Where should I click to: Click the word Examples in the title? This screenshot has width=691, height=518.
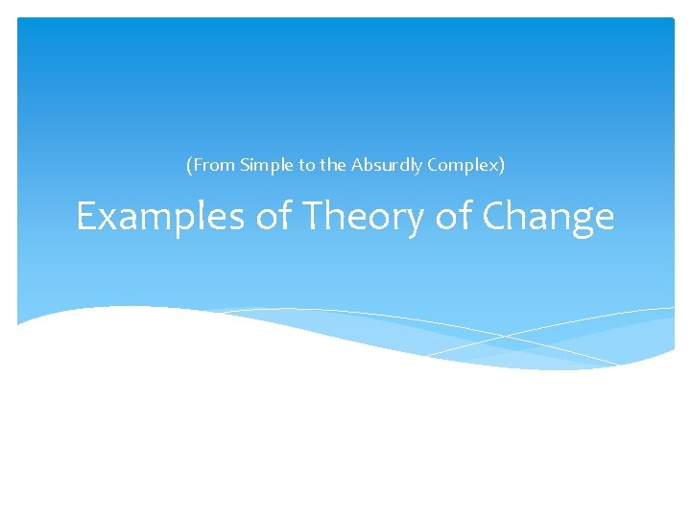162,218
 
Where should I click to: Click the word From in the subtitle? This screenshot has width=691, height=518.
212,165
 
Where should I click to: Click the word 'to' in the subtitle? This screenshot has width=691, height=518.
306,165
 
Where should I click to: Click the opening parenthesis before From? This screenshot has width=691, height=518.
189,165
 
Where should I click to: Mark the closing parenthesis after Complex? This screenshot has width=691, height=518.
502,165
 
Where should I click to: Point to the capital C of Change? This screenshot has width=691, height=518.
495,218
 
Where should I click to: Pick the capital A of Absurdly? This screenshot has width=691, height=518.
357,165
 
